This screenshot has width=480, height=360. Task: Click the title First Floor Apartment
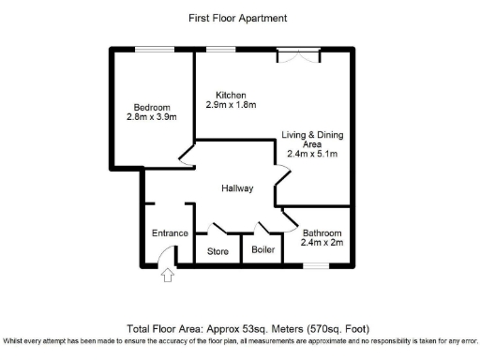(x=240, y=18)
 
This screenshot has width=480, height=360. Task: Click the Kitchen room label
(x=231, y=95)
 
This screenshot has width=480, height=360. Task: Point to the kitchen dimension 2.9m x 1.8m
(x=231, y=105)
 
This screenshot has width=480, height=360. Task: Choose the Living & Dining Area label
(x=312, y=140)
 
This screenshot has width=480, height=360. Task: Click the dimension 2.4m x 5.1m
(x=312, y=154)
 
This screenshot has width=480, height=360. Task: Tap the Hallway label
(x=237, y=188)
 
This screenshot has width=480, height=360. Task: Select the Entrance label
(x=171, y=233)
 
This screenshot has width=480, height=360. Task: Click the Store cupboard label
(x=217, y=251)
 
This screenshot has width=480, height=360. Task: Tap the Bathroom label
(x=322, y=232)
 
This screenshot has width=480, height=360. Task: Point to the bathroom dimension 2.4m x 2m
(x=322, y=244)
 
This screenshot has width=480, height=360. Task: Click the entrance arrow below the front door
(x=168, y=275)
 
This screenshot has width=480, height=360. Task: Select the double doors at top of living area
(x=300, y=55)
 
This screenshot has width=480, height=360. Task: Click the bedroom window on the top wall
(x=150, y=49)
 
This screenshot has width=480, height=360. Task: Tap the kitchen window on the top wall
(x=221, y=49)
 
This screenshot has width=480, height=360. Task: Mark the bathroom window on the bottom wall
(x=315, y=266)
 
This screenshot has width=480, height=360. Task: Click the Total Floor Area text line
(x=248, y=328)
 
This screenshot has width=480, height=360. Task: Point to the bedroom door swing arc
(x=186, y=157)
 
